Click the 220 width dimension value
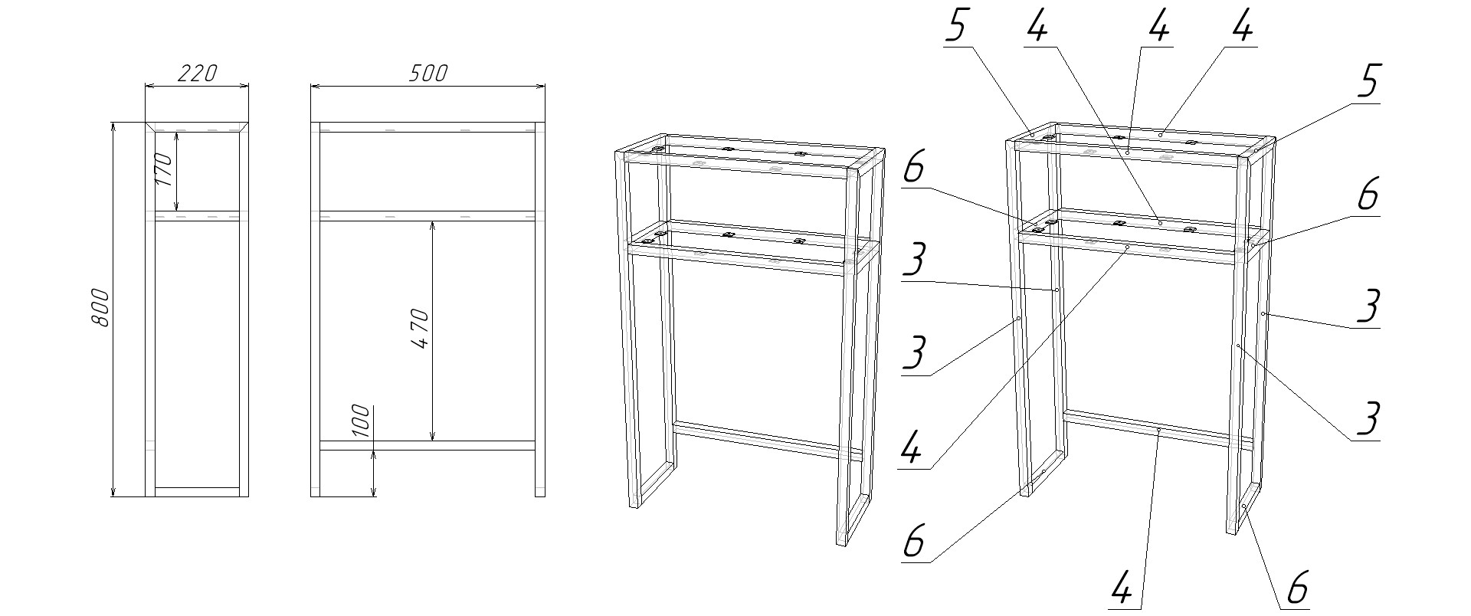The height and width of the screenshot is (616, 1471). (198, 73)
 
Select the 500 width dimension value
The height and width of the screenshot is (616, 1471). (427, 73)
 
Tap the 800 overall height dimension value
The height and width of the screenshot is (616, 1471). (101, 308)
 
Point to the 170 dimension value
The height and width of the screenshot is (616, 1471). (163, 171)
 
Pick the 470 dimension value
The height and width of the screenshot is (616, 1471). (419, 329)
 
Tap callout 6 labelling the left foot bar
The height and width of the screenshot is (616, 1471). (913, 542)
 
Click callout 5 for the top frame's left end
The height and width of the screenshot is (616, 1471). (958, 27)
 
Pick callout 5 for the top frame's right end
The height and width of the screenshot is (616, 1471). (1368, 82)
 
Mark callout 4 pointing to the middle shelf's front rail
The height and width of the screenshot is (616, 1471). (912, 447)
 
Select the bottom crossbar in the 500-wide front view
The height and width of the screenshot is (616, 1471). (427, 445)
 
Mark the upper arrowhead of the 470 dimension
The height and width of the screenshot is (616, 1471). (433, 227)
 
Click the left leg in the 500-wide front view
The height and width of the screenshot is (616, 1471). (315, 310)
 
